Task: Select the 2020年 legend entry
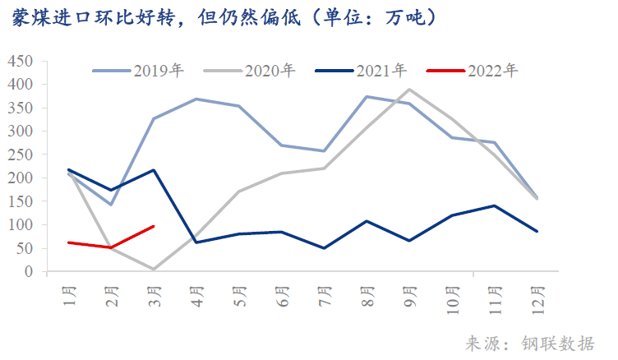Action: tap(270, 70)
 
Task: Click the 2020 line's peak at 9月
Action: tap(409, 90)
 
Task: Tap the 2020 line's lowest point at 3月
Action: tap(154, 269)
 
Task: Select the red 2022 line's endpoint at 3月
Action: tap(154, 226)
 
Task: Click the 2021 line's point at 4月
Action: tap(196, 242)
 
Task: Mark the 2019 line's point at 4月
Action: tap(196, 99)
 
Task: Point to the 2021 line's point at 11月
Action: tap(495, 205)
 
